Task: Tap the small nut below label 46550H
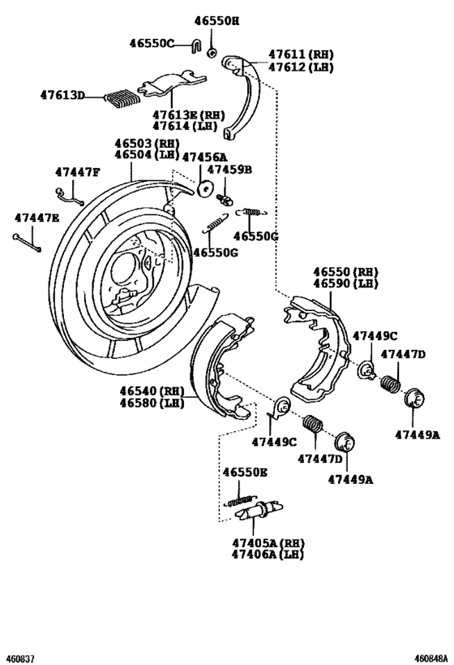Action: coord(211,53)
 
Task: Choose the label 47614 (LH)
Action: coord(180,127)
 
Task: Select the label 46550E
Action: coord(246,472)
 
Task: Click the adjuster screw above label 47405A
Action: coord(253,513)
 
